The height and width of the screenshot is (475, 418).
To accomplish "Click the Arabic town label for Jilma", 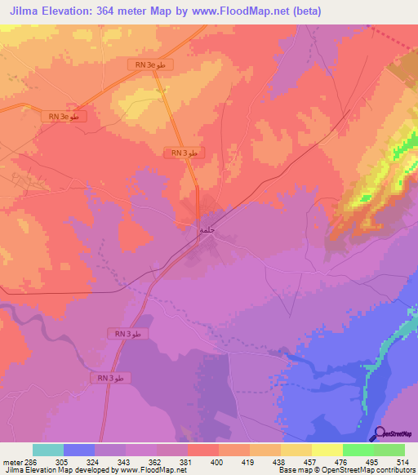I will pos(206,230).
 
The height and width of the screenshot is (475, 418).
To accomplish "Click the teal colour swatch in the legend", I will pos(47,450).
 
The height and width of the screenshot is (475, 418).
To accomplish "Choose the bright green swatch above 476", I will pos(358,450).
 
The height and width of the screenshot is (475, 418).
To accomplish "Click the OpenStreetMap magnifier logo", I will pos(377,433).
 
